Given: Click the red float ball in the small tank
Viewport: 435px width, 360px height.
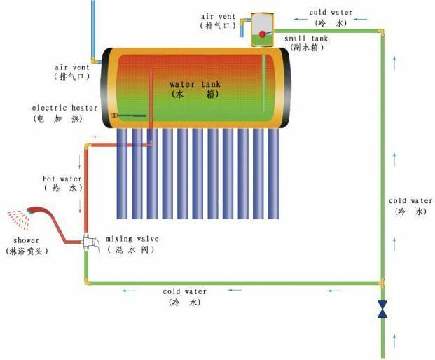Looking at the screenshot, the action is (262, 34).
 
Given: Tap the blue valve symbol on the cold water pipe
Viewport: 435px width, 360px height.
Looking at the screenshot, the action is (382, 309).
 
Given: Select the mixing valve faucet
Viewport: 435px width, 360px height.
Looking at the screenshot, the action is (91, 242).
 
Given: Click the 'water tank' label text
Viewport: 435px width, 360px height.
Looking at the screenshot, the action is (195, 84).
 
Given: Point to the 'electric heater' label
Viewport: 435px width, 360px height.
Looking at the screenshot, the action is (64, 108).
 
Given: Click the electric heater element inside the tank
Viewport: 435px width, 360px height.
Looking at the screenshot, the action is (129, 116).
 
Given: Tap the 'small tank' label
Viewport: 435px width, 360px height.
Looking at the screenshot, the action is (306, 39).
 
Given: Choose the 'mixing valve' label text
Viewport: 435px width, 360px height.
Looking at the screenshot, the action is (132, 239).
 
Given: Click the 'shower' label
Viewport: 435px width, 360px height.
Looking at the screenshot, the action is (27, 240).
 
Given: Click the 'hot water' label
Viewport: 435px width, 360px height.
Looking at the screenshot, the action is (62, 179).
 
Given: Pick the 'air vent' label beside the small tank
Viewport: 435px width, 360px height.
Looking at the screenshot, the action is (218, 16).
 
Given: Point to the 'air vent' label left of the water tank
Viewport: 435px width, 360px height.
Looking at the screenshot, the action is (72, 67).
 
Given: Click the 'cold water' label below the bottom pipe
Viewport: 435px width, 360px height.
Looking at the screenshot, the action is (184, 291).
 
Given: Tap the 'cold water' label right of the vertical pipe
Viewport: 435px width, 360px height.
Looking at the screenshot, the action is (410, 200).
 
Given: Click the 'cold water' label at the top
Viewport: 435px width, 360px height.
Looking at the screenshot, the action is (331, 13).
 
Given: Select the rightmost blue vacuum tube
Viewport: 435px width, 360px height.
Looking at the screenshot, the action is (273, 174).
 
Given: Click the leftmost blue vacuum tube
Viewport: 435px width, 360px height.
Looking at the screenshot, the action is (122, 174).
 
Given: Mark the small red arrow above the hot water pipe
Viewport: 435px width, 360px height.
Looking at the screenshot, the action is (99, 137).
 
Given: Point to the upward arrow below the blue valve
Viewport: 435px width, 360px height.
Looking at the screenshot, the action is (394, 340).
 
